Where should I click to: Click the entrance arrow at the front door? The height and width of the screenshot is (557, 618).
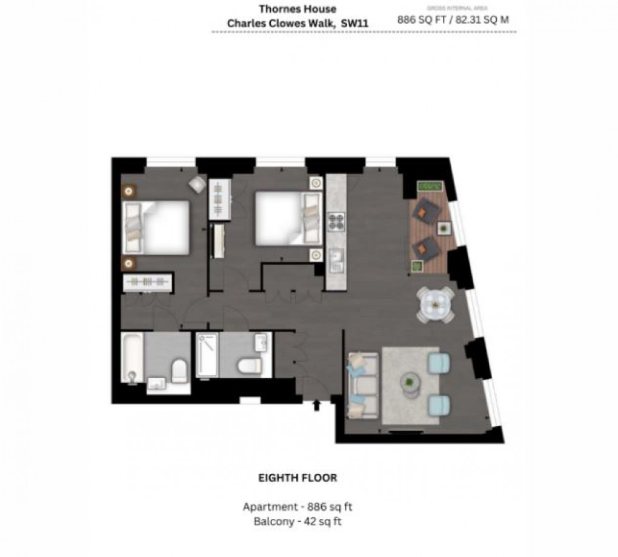(x=316, y=404)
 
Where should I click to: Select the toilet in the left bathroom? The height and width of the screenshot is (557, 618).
(x=179, y=370)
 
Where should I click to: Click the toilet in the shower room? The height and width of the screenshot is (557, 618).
(x=248, y=365)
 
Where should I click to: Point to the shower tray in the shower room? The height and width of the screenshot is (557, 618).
(x=207, y=356)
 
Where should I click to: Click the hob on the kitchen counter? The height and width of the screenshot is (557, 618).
(x=336, y=222)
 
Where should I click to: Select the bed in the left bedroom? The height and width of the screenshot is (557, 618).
(x=158, y=227)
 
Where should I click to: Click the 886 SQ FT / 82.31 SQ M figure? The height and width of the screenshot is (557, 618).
(x=453, y=19)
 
